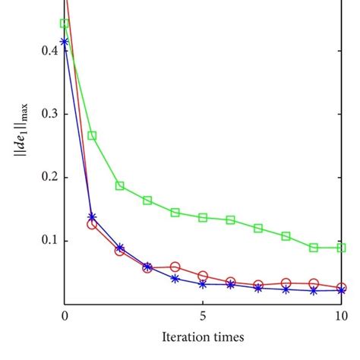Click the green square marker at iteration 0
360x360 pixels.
[x=65, y=24]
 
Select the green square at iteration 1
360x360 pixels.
[x=92, y=136]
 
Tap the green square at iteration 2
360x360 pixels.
[x=120, y=185]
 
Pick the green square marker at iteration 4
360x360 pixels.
[x=175, y=213]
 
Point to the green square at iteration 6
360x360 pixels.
[x=231, y=219]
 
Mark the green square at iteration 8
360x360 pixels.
[x=286, y=236]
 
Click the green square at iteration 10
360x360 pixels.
[x=342, y=248]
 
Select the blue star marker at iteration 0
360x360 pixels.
[x=65, y=42]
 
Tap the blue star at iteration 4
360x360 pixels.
[x=175, y=279]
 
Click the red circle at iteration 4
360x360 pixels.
[x=175, y=267]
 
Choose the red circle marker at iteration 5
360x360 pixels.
[x=203, y=276]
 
